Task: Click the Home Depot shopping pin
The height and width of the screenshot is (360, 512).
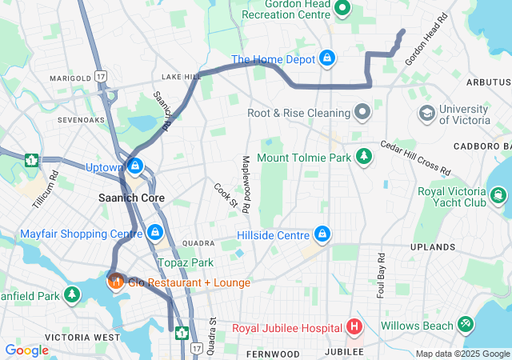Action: coord(327,58)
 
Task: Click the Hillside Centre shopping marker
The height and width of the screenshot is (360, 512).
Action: coord(322,234)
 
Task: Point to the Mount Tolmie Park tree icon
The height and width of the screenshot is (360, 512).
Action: coord(365,157)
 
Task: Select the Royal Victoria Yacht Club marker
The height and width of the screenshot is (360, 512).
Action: coord(500,196)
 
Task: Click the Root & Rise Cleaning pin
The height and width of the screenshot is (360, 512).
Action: coord(362,112)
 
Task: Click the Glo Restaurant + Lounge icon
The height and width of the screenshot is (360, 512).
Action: coord(115,282)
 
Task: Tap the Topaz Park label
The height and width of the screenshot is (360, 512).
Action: coord(185,262)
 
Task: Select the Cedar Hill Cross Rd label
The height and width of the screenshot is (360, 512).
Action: coord(415,159)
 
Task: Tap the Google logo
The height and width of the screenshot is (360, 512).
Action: coord(26,350)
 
